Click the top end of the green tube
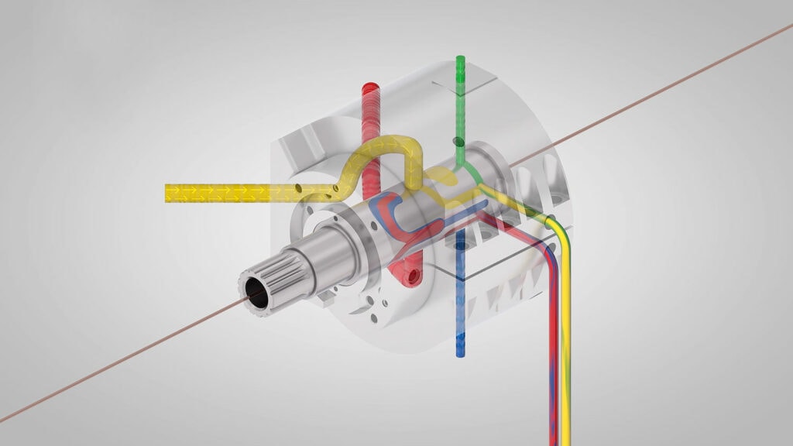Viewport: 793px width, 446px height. (461, 60)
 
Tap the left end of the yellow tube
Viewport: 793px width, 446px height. (168, 192)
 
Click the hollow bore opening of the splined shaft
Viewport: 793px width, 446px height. (256, 293)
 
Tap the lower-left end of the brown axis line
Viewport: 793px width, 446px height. (4, 420)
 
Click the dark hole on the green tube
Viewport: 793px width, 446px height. (458, 142)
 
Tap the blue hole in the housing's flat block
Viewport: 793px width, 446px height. (462, 244)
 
